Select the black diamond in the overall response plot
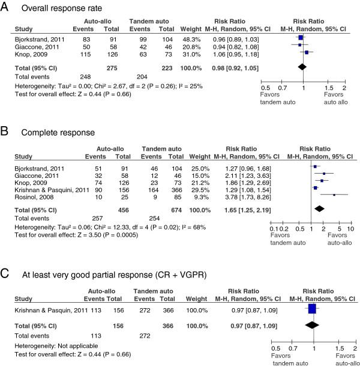tap(303, 69)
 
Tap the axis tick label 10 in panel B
tap(350, 229)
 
